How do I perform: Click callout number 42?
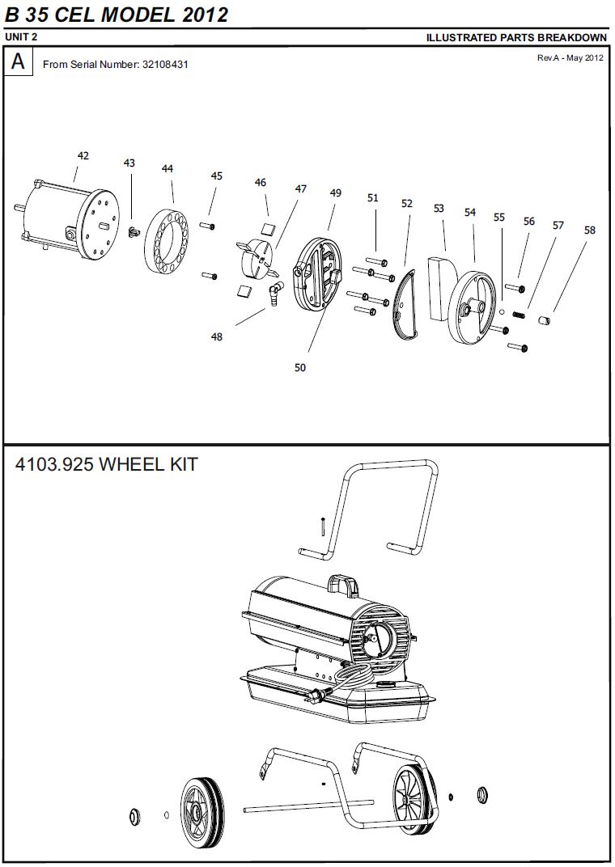83,155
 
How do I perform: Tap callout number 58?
589,230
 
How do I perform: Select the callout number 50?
300,367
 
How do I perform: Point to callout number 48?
217,336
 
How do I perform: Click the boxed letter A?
18,62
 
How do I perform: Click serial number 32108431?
165,64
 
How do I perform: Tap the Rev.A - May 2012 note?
570,58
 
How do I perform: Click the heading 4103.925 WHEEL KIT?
106,465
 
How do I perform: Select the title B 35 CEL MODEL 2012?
117,15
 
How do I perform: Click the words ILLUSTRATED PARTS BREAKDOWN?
516,37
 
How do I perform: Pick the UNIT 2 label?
21,37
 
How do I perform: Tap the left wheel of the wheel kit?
201,813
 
